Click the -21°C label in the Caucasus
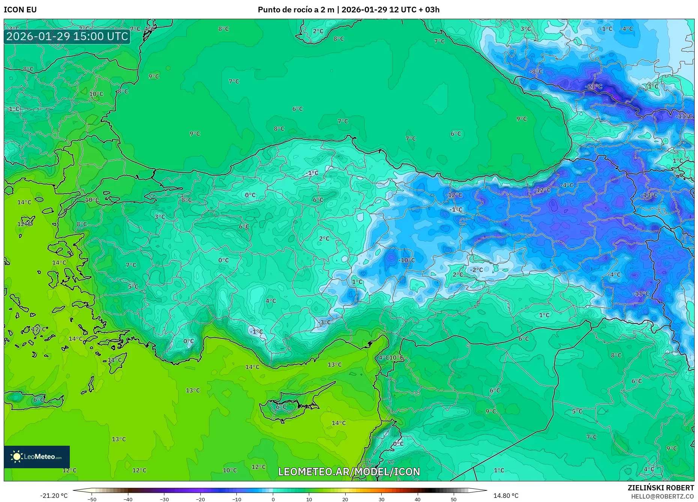coord(593,86)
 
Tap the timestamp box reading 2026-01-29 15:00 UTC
coord(67,36)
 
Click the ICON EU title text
coord(20,10)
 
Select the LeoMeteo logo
coord(37,457)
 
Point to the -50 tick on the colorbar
coord(92,499)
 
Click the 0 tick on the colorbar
coord(273,499)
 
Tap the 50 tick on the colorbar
coord(453,499)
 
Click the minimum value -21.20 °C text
coord(54,496)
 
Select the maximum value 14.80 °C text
coord(505,496)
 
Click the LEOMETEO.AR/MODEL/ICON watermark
coord(349,472)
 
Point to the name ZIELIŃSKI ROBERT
coord(660,488)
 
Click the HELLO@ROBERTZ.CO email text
coord(662,496)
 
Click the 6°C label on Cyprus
coord(281,407)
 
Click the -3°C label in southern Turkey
coord(324,322)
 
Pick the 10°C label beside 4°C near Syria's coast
coord(396,358)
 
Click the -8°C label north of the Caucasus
coord(536,71)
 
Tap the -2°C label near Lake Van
coord(477,270)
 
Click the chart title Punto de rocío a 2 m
coord(296,10)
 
